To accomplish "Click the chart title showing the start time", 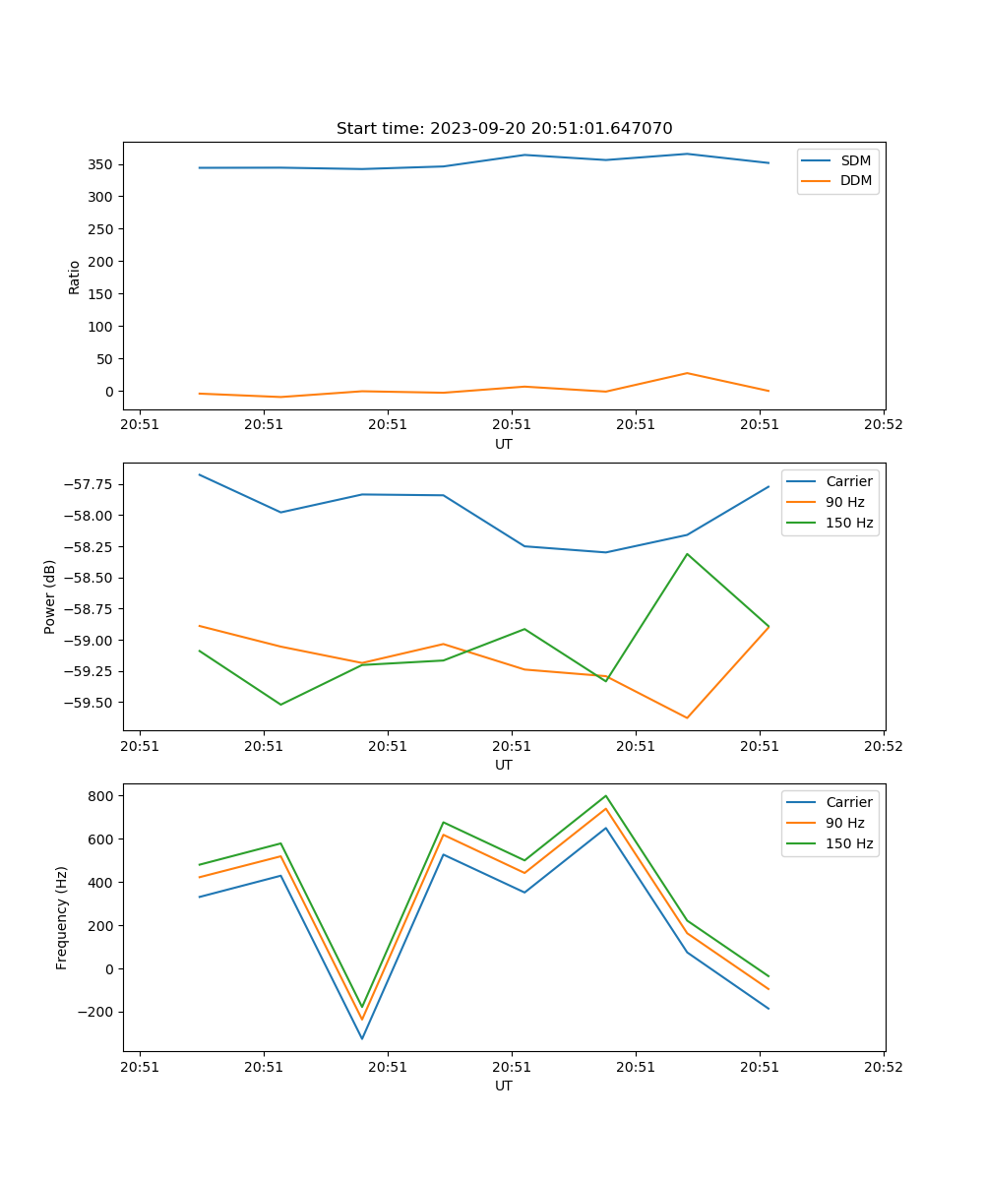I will [x=504, y=129].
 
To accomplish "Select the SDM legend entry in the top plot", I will [x=855, y=160].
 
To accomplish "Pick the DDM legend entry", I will [x=855, y=180].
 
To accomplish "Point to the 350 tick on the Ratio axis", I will [x=101, y=164].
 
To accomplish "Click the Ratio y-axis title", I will [x=75, y=277].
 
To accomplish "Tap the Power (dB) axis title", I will [x=50, y=596].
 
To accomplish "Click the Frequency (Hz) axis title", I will [x=62, y=917].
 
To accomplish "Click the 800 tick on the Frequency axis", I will [x=103, y=795].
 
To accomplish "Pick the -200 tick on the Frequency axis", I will [x=97, y=1012].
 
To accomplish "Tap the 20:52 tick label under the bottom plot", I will [x=883, y=1066].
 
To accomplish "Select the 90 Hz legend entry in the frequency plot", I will [x=845, y=823].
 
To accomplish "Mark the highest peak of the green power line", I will [x=687, y=554].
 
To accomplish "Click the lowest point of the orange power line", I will [x=687, y=717].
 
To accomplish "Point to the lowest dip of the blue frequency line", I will [x=362, y=1038].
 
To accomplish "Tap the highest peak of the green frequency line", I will [x=605, y=796].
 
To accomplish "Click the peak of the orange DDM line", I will [x=687, y=373].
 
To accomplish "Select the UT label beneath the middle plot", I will [x=504, y=765].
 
